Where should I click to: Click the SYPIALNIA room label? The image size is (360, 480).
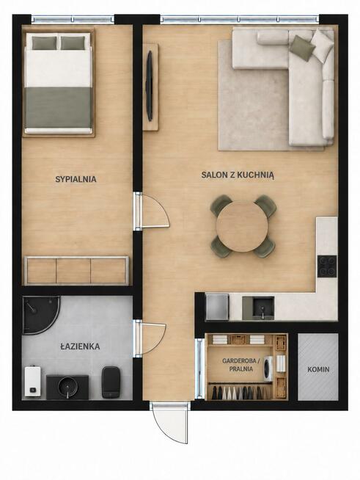[76, 179]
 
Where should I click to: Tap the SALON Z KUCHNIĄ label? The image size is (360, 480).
[238, 175]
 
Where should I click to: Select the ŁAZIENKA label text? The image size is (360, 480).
[80, 346]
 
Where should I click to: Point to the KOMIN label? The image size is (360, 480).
[318, 369]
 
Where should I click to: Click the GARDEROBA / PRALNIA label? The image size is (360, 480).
[241, 365]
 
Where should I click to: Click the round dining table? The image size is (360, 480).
[242, 226]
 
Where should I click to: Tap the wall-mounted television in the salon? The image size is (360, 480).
[150, 86]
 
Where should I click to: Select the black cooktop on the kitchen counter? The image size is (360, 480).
[327, 266]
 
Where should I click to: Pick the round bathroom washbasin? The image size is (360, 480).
[67, 386]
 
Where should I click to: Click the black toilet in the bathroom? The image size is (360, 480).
[111, 382]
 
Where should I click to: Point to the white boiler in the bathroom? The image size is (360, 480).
[33, 381]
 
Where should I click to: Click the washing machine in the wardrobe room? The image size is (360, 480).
[268, 368]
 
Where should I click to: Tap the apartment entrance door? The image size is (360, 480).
[170, 423]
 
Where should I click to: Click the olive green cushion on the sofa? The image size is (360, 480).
[302, 48]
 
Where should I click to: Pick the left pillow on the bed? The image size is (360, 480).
[45, 43]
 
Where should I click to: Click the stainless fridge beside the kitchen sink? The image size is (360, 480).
[217, 307]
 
